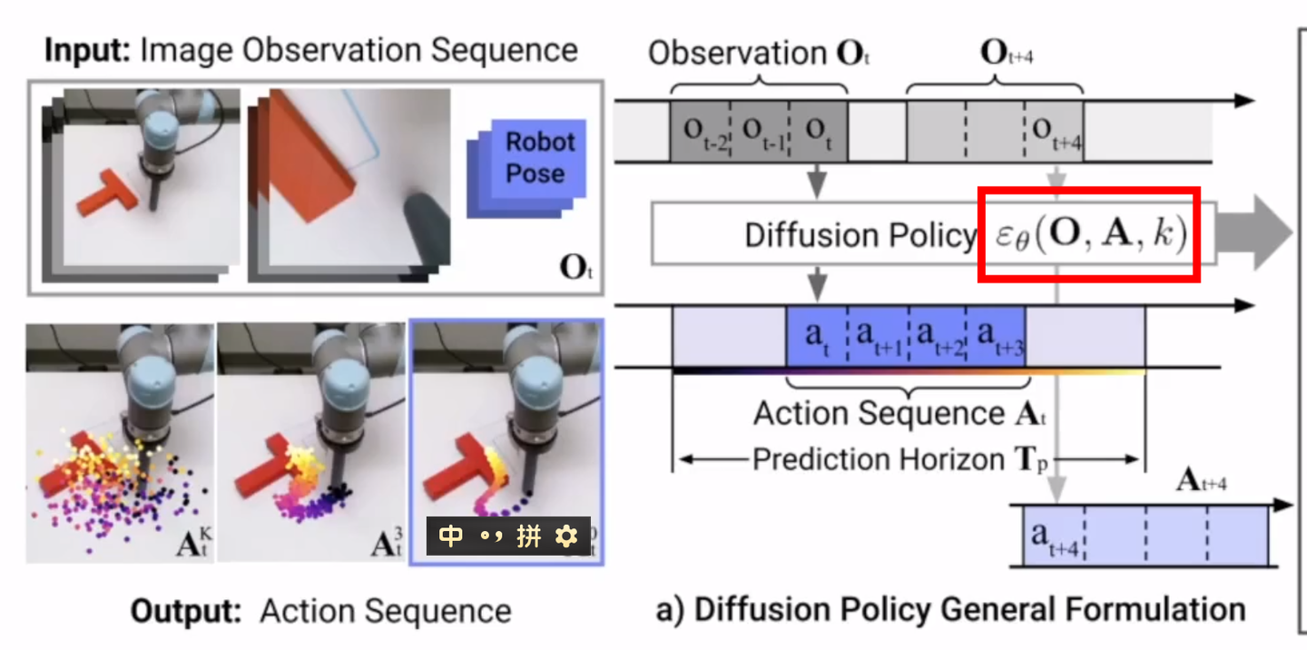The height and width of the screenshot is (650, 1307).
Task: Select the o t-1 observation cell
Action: (x=760, y=131)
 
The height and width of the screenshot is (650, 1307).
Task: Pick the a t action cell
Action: (x=816, y=335)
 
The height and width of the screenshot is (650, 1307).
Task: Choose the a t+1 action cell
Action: (x=877, y=335)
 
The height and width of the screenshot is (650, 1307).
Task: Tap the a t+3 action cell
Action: (x=996, y=335)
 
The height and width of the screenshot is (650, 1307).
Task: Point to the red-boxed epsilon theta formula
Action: (x=1088, y=235)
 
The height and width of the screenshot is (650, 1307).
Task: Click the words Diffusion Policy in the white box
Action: (x=859, y=235)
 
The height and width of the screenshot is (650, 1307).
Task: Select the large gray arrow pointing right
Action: (x=1253, y=233)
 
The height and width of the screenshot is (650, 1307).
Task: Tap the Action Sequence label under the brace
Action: (x=899, y=413)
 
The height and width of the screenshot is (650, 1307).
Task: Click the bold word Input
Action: (x=87, y=50)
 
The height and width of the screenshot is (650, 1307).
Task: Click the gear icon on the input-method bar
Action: (x=566, y=537)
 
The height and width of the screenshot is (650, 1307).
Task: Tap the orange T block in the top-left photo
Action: (x=107, y=193)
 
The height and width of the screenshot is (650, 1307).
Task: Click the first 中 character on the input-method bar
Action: (x=451, y=537)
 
